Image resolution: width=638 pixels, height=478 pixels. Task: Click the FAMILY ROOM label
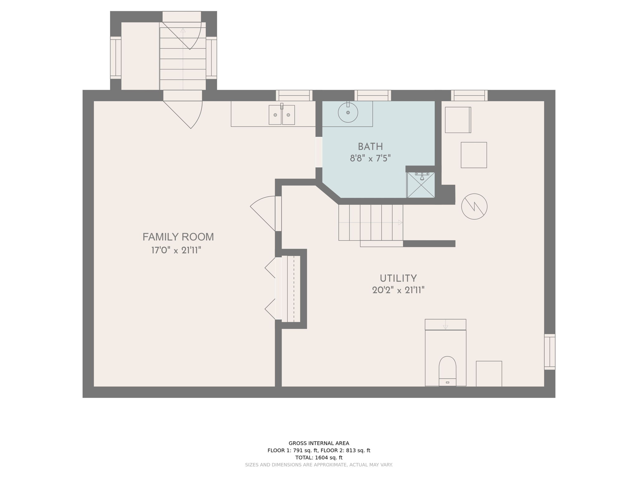coord(178,237)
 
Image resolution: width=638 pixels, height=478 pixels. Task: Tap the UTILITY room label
coord(398,278)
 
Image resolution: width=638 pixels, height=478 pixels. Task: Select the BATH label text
coord(370,147)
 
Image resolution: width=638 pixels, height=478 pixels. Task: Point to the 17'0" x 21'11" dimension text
coord(176,250)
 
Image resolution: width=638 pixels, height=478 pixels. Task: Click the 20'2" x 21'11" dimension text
coord(398,290)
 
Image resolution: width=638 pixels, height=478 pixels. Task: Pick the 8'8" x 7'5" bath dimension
coord(370,158)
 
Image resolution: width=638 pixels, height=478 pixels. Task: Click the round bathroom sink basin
coord(348,112)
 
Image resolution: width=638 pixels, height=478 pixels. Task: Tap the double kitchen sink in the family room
coord(282,115)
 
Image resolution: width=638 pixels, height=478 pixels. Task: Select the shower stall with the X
coord(421,185)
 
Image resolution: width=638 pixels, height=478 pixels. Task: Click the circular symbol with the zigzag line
coord(474,206)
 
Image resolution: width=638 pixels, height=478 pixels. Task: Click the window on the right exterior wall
coord(550,352)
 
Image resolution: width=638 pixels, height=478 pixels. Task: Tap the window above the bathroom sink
coord(373,96)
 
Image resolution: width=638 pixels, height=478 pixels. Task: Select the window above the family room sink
coord(294,96)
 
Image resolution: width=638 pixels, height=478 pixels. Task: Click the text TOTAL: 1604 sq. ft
coord(319,457)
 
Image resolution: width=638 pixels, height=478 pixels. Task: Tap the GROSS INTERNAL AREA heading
coord(319,443)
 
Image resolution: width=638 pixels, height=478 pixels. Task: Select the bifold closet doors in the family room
coord(270,288)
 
